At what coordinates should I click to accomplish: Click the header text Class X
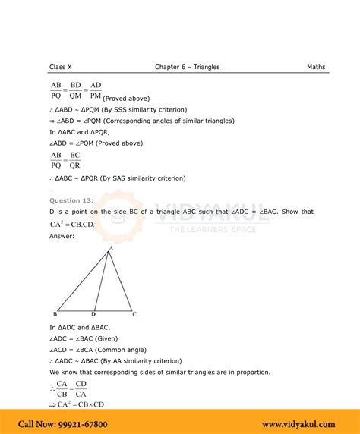[x=60, y=67]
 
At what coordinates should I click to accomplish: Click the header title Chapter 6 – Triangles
[x=187, y=67]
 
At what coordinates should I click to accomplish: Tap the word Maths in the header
[x=316, y=67]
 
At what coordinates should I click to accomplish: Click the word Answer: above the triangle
[x=62, y=237]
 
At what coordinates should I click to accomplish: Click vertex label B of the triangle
[x=55, y=314]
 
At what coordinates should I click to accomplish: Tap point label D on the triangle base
[x=93, y=314]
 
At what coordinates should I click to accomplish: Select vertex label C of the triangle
[x=134, y=314]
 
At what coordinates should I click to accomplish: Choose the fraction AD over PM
[x=95, y=89]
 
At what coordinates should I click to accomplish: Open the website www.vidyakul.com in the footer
[x=301, y=424]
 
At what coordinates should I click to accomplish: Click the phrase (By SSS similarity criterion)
[x=141, y=109]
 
